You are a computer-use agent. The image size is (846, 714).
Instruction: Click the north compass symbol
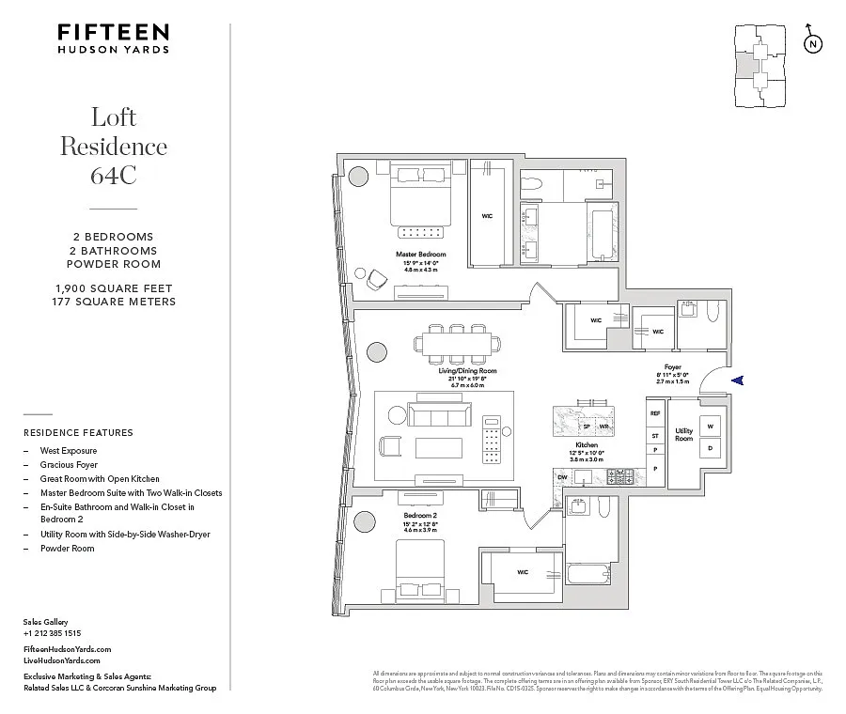(812, 44)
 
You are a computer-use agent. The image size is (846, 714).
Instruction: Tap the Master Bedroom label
(419, 255)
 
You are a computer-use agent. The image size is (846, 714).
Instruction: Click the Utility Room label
(683, 435)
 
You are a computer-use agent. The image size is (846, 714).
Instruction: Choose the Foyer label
(672, 367)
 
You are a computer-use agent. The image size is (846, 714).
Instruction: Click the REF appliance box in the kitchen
(655, 413)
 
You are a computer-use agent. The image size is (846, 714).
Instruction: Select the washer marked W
(711, 426)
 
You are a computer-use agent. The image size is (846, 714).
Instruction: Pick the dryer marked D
(711, 448)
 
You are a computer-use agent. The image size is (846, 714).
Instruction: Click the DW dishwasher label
(562, 477)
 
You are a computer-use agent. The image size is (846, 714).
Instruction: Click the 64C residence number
(114, 176)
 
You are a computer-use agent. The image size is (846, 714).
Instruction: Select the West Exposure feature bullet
(68, 450)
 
